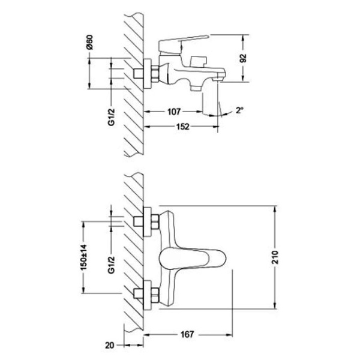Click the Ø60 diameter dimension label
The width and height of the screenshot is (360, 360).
(x=90, y=46)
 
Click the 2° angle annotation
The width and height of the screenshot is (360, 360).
(x=240, y=111)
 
